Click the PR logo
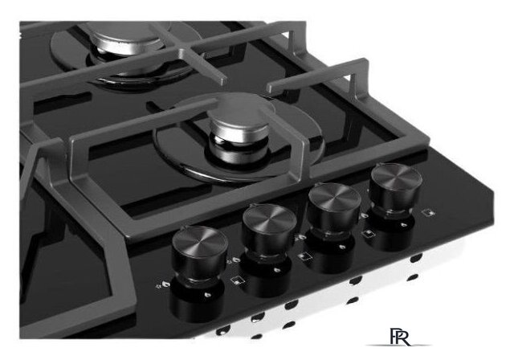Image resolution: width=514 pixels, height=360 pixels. [400, 337]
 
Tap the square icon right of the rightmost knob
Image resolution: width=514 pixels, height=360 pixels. [429, 212]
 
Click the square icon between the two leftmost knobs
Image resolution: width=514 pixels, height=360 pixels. [236, 280]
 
